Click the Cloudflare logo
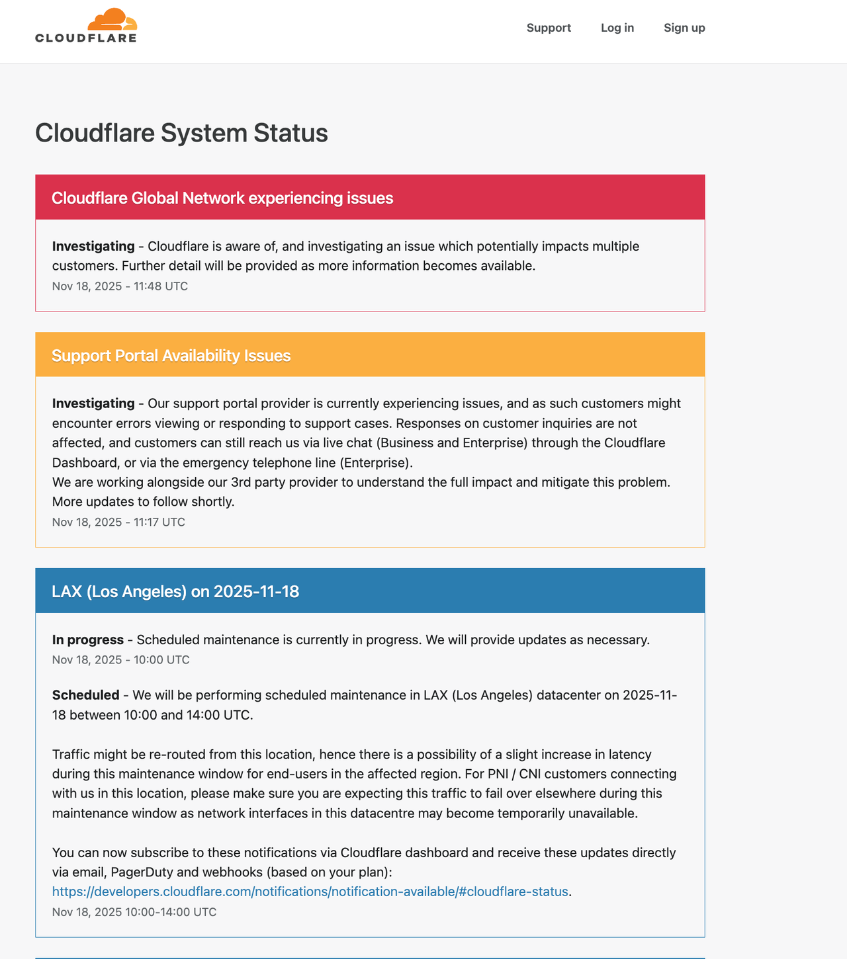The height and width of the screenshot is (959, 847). tap(86, 26)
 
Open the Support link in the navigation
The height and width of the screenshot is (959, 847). tap(549, 28)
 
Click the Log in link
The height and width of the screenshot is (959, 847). tap(617, 28)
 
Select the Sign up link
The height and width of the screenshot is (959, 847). tap(684, 28)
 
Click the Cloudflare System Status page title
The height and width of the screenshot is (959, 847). tap(181, 133)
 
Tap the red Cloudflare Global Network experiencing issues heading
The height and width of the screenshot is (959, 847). tap(222, 198)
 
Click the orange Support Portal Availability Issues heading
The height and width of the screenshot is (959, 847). tap(171, 355)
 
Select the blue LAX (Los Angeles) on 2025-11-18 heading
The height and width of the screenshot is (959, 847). tap(175, 591)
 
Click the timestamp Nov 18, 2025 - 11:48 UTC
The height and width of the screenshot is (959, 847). tap(120, 286)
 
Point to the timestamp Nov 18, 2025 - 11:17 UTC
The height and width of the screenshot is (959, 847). tap(118, 522)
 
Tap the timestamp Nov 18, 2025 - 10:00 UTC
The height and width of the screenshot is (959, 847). tap(120, 659)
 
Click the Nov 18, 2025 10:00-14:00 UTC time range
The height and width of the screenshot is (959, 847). tap(134, 912)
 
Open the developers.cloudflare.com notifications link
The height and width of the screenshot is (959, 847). tap(310, 892)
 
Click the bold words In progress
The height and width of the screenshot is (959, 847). tap(88, 640)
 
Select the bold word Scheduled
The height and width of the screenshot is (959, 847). tap(85, 695)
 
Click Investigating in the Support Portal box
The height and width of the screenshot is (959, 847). tap(93, 403)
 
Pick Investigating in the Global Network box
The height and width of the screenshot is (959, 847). tap(93, 246)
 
